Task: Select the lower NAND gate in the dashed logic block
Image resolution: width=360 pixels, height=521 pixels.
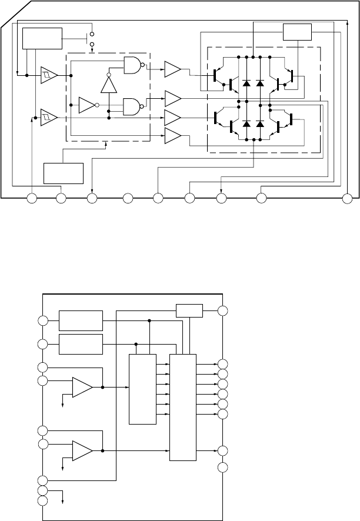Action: pyautogui.click(x=132, y=106)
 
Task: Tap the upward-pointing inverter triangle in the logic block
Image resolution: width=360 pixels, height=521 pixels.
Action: pyautogui.click(x=109, y=85)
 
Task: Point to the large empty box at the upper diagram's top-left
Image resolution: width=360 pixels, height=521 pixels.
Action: pyautogui.click(x=42, y=38)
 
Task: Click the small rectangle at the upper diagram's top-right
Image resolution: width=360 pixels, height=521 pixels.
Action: pyautogui.click(x=297, y=32)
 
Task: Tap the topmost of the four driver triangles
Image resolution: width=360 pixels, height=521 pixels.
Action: pyautogui.click(x=173, y=69)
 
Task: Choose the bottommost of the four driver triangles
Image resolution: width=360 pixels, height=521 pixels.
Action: pyautogui.click(x=173, y=136)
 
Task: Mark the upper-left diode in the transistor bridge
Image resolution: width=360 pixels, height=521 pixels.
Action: pyautogui.click(x=246, y=83)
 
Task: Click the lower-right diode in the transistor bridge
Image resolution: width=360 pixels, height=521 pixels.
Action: pyautogui.click(x=260, y=123)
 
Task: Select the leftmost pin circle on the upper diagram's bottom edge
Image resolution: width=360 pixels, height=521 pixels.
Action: pyautogui.click(x=32, y=199)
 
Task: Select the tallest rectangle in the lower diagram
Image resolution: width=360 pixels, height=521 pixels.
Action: pyautogui.click(x=182, y=408)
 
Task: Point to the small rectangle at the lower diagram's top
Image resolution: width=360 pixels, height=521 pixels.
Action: pyautogui.click(x=189, y=310)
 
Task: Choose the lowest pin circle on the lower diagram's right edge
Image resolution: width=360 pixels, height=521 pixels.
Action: pyautogui.click(x=222, y=467)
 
